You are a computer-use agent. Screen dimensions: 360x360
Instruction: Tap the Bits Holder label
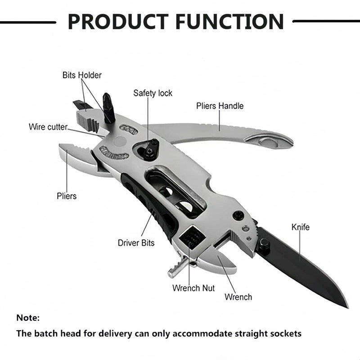tap(82, 75)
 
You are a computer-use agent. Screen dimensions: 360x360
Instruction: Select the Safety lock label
tap(153, 93)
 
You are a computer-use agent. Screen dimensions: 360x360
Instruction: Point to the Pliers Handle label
tap(220, 106)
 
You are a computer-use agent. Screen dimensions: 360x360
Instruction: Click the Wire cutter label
tap(48, 127)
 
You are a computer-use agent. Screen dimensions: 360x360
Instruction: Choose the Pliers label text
tap(67, 196)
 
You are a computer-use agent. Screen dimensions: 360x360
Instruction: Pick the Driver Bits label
tap(136, 243)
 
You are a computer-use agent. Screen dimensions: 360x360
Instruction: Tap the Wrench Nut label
tap(193, 288)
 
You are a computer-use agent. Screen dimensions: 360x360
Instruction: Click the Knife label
tap(301, 227)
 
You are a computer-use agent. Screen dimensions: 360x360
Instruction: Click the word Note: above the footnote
tap(28, 318)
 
